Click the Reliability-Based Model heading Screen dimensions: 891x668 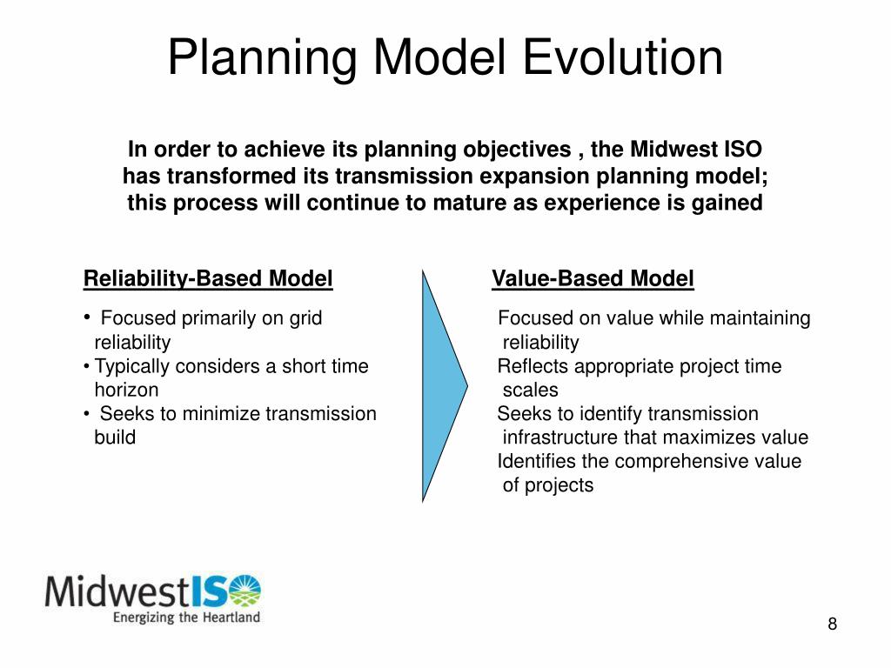pos(208,279)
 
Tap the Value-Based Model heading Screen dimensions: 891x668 pos(593,279)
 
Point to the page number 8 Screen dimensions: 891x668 pos(833,624)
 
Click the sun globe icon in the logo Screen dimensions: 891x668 pos(244,591)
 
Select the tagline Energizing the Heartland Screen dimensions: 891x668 pos(186,618)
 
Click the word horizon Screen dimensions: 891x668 pos(127,390)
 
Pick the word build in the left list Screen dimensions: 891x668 pos(115,438)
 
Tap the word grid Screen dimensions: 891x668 pos(305,318)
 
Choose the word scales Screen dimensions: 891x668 pos(531,390)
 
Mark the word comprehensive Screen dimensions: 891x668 pos(682,462)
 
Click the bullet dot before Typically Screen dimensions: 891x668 pos(86,366)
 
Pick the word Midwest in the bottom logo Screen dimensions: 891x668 pos(117,591)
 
